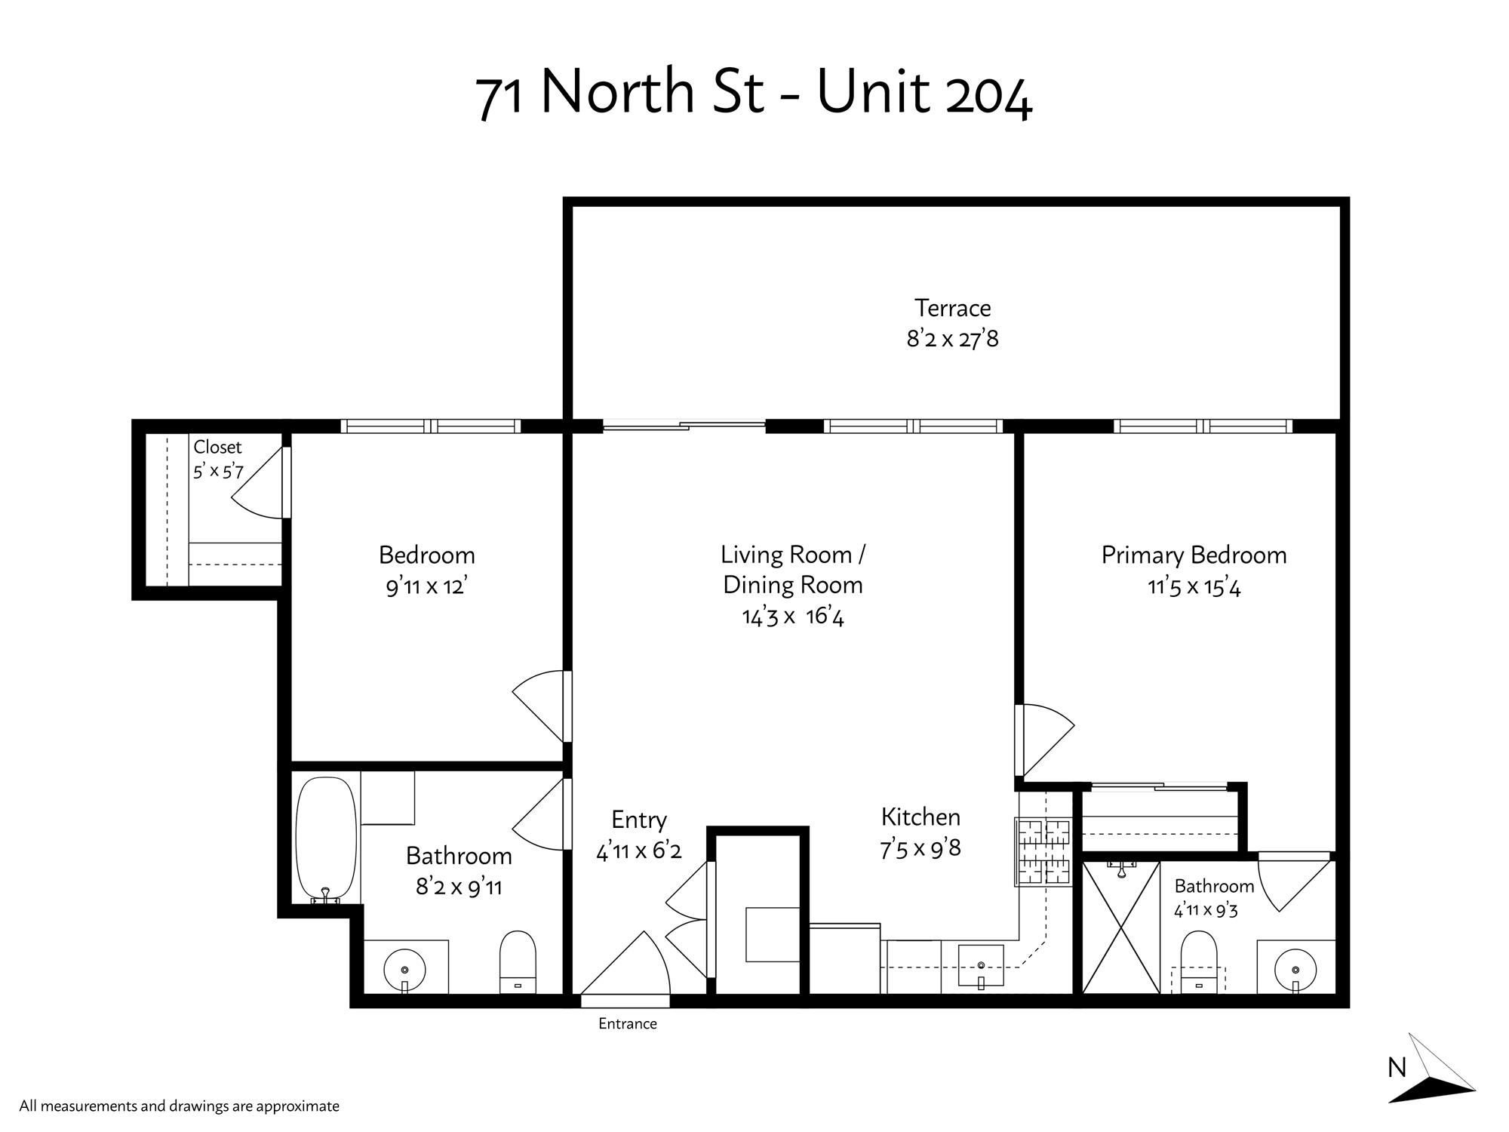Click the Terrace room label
click(x=952, y=308)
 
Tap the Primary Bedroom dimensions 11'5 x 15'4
click(x=1194, y=586)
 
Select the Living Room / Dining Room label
click(x=792, y=570)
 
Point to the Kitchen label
click(x=920, y=817)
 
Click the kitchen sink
click(x=981, y=967)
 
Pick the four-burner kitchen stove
click(x=1043, y=852)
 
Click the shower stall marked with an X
click(x=1120, y=927)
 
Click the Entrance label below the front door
click(x=628, y=1024)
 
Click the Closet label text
click(x=217, y=447)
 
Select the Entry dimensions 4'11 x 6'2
click(x=639, y=851)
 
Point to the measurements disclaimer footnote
click(x=180, y=1107)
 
